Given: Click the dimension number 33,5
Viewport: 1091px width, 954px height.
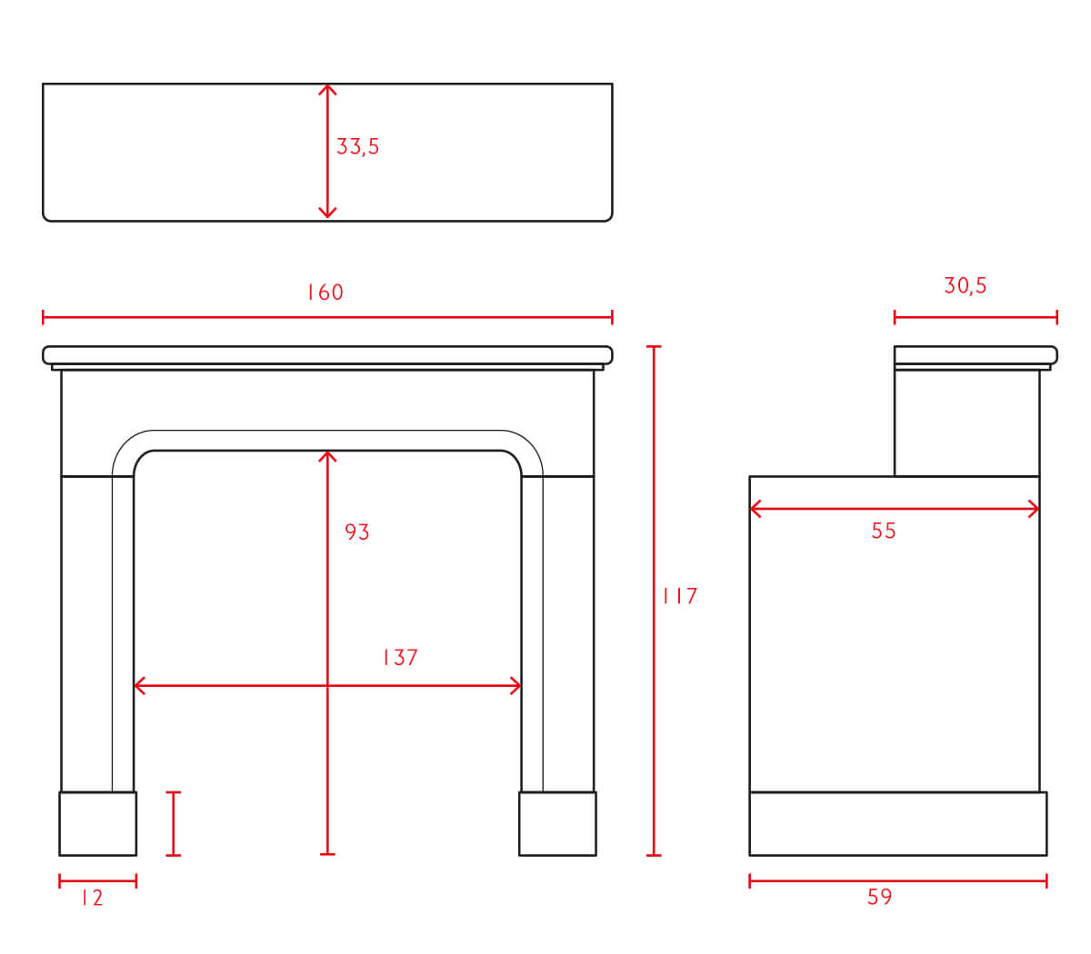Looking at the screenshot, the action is [x=357, y=146].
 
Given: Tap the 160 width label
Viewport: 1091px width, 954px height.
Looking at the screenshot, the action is [x=325, y=292].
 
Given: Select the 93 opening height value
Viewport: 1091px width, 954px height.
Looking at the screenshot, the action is [x=356, y=532].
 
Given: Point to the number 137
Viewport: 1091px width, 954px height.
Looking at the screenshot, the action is [x=400, y=657].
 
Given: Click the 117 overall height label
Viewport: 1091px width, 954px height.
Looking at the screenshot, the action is [x=680, y=596].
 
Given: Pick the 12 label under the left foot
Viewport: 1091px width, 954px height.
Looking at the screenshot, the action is [x=92, y=898].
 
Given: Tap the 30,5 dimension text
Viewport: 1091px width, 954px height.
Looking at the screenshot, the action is [x=966, y=285].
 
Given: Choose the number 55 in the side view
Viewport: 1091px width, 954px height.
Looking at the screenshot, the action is [x=884, y=531].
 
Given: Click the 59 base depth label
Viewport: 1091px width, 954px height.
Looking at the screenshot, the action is [x=879, y=897].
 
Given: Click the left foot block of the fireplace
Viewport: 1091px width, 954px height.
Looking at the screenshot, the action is [x=97, y=823].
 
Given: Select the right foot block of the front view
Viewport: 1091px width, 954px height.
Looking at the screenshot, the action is [x=557, y=823].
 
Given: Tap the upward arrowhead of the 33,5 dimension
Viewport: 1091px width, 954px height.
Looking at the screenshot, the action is [x=327, y=90].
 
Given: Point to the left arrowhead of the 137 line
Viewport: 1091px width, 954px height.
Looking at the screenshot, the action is [x=140, y=685].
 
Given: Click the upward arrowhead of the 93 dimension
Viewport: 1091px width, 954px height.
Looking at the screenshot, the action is [x=327, y=457].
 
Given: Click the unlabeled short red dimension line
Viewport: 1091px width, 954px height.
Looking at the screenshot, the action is [x=174, y=823].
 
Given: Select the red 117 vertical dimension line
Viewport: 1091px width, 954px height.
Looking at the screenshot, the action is [x=654, y=601].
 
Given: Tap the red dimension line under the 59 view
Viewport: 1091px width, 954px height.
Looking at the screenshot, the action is [x=898, y=881].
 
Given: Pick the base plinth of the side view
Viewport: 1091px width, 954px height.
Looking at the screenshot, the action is [x=898, y=823].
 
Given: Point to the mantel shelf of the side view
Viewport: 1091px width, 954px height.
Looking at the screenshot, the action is [x=976, y=355].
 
